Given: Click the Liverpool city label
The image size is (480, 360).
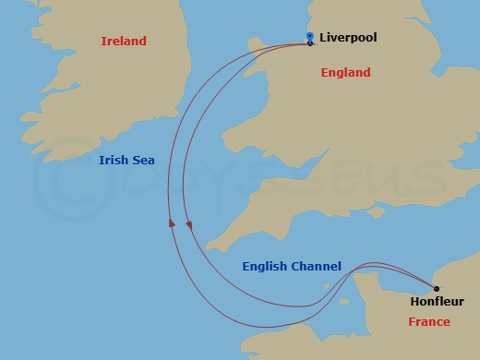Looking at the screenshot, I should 348,38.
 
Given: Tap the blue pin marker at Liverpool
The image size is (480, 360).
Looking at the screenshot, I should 310,37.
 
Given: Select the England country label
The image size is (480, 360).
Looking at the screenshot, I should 345,72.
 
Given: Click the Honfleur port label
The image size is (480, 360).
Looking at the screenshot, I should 438,301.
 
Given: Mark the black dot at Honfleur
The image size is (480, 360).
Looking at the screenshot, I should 436,288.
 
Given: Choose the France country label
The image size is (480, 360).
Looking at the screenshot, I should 429,321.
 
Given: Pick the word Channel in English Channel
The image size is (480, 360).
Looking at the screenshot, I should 317,267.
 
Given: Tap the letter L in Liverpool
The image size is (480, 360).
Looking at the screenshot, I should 322,38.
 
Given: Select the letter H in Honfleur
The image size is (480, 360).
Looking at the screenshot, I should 414,301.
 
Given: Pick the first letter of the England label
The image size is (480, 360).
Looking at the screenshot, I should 323,72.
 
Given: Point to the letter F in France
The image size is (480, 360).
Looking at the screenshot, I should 412,321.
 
